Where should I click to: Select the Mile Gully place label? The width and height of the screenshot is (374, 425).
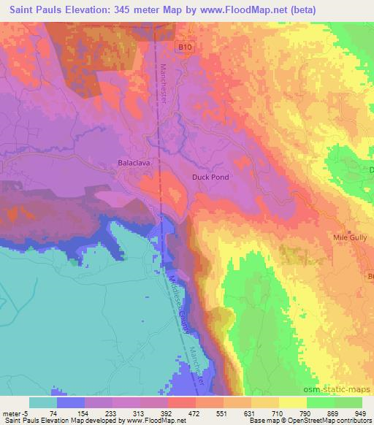[x=349, y=237]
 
